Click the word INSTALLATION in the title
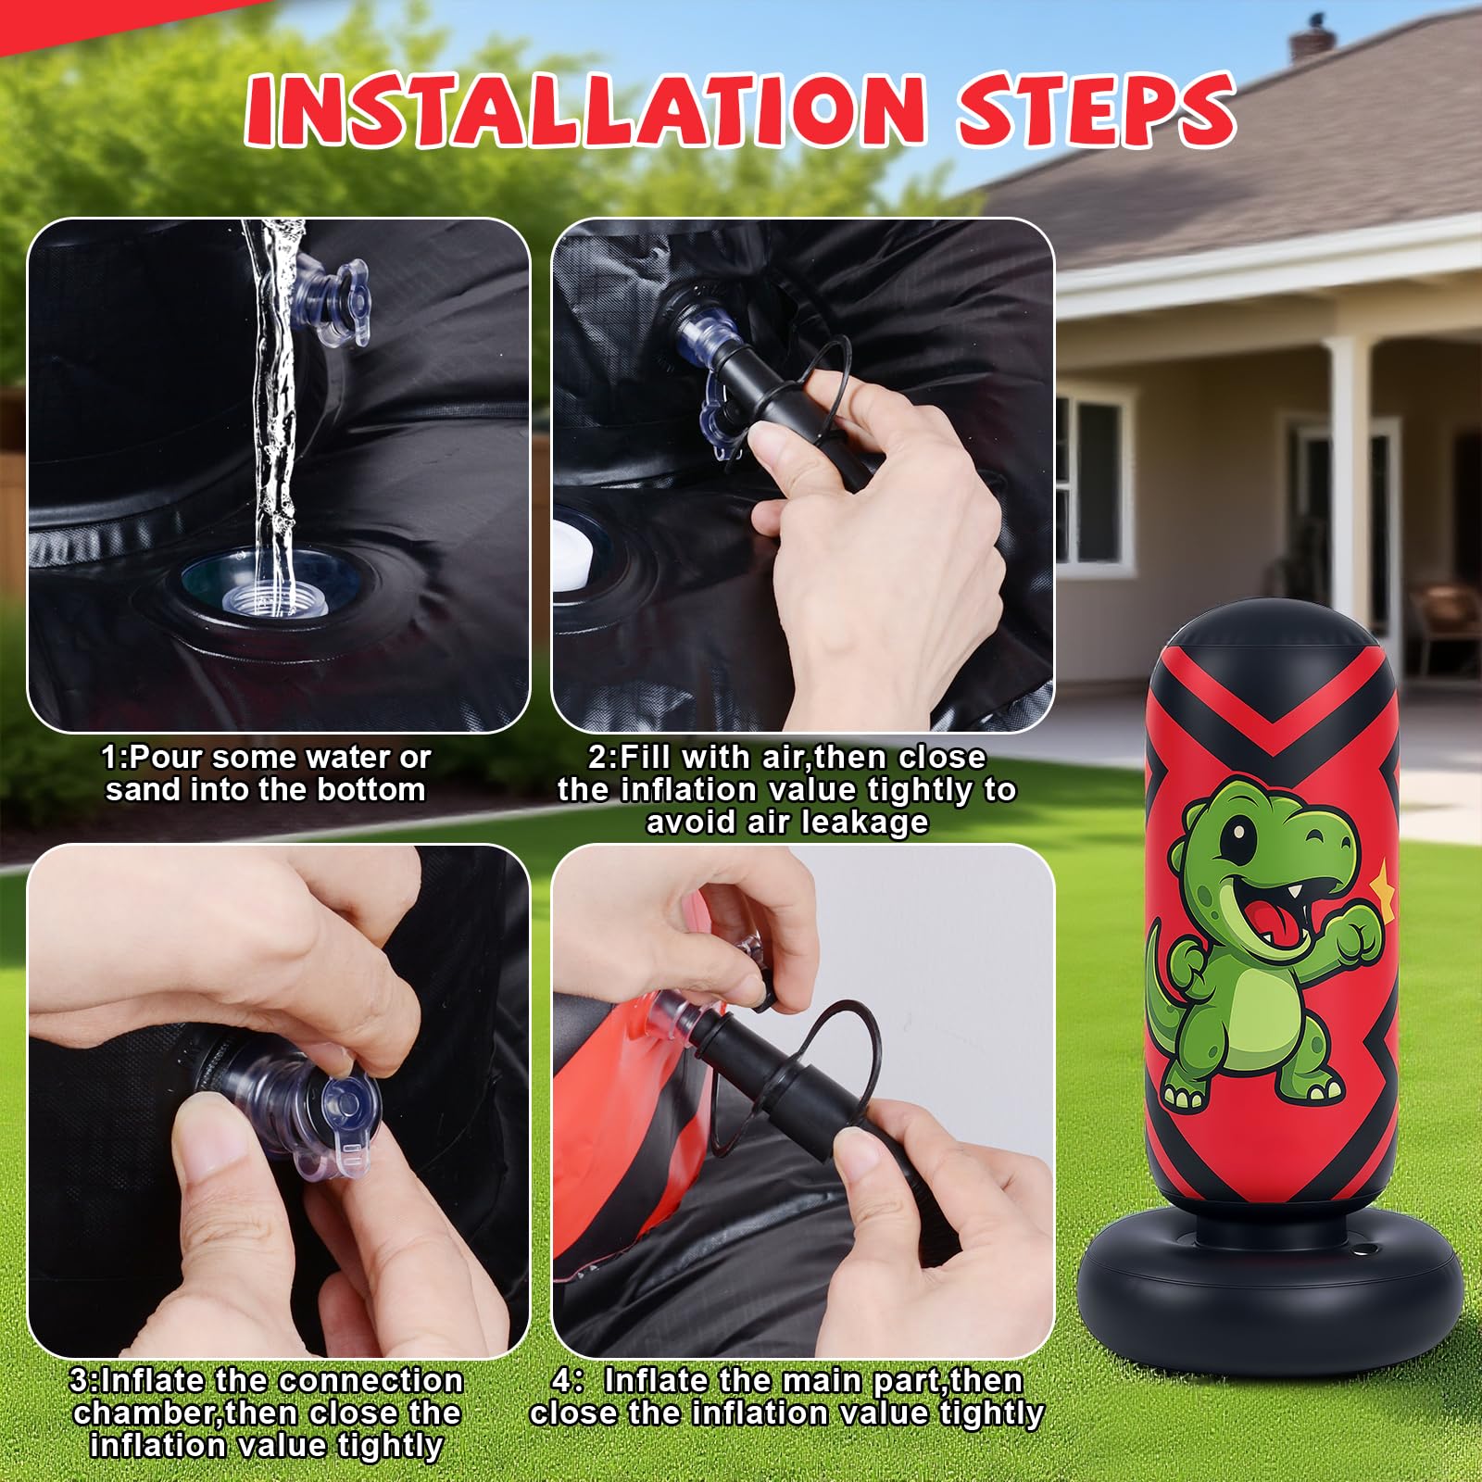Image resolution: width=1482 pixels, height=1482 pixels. coord(585,109)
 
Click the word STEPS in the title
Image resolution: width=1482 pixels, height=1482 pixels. coord(1097,109)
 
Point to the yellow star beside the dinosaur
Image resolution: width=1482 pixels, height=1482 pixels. coord(1382,881)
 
